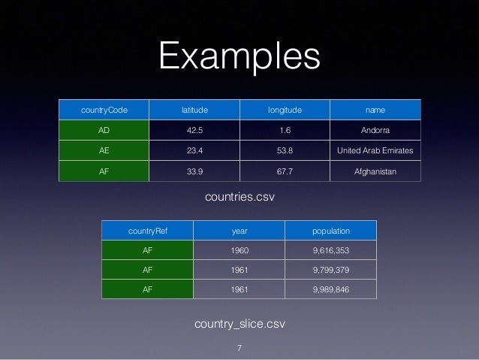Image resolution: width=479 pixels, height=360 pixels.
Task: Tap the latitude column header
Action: (x=194, y=110)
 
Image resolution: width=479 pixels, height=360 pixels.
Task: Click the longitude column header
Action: (x=285, y=110)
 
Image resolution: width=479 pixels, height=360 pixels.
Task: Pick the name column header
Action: (x=376, y=110)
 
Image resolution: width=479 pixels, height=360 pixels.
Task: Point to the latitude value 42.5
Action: (x=194, y=129)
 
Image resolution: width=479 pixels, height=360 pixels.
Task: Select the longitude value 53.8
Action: (x=285, y=150)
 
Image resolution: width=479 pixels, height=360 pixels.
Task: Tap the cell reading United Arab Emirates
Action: (x=376, y=150)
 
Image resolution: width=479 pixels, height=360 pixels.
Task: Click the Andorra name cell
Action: (x=376, y=129)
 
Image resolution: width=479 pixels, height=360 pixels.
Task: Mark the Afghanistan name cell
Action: (x=376, y=170)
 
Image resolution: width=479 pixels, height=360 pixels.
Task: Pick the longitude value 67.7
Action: (x=285, y=170)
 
